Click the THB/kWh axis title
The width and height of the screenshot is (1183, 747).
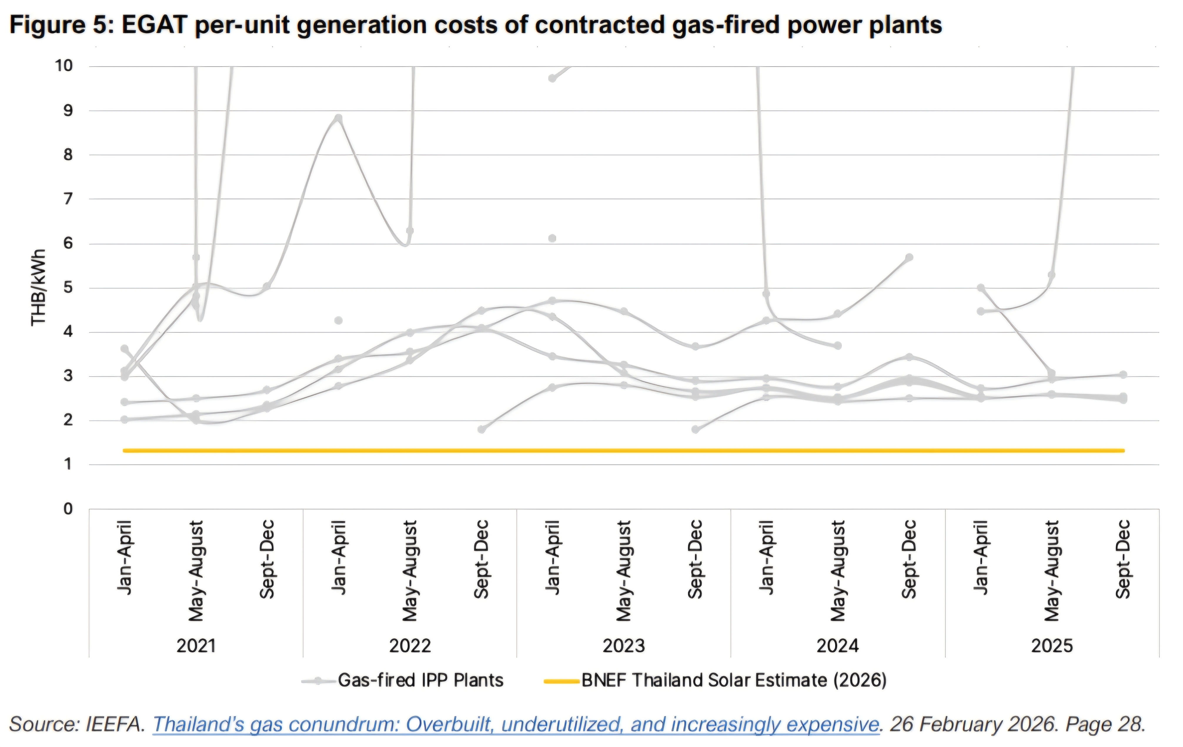click(38, 288)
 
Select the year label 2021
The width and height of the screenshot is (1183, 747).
click(196, 645)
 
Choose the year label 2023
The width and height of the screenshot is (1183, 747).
click(624, 645)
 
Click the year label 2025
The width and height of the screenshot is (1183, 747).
click(1052, 645)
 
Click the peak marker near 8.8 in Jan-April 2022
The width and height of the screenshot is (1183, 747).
click(338, 119)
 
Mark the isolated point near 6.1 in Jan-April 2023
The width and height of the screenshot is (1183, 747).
click(552, 238)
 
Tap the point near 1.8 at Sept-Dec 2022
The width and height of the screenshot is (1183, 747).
click(482, 429)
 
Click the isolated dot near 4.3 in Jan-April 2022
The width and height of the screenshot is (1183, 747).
click(338, 321)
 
